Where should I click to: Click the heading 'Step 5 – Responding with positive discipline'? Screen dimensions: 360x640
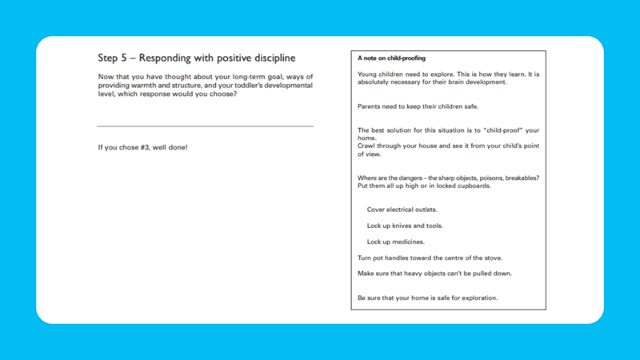tap(196, 58)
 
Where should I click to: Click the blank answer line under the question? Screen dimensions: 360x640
tap(205, 126)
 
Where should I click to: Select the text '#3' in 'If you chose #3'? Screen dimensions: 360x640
tap(146, 148)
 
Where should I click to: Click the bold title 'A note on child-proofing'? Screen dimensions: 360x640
tap(391, 59)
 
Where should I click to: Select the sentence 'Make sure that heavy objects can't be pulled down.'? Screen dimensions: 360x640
tap(434, 274)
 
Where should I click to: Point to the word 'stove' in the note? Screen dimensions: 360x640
tap(493, 258)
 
